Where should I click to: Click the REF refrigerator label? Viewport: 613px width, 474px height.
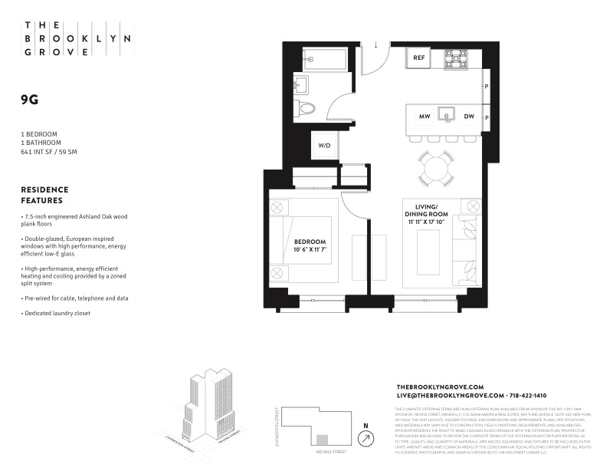pos(419,58)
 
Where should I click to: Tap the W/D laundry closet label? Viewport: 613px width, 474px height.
pos(324,146)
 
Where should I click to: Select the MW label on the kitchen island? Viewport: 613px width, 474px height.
pos(424,117)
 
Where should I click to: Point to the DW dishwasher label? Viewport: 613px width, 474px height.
pos(469,117)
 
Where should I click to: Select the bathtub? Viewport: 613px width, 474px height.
pos(326,58)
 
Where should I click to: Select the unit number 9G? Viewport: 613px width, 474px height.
pos(30,99)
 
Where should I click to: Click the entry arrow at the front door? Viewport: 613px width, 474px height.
pos(376,44)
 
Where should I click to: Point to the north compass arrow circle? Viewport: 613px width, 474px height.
pos(366,438)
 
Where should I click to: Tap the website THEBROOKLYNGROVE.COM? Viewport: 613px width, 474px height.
pos(439,387)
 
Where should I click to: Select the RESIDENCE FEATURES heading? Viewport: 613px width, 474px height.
pos(44,195)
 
